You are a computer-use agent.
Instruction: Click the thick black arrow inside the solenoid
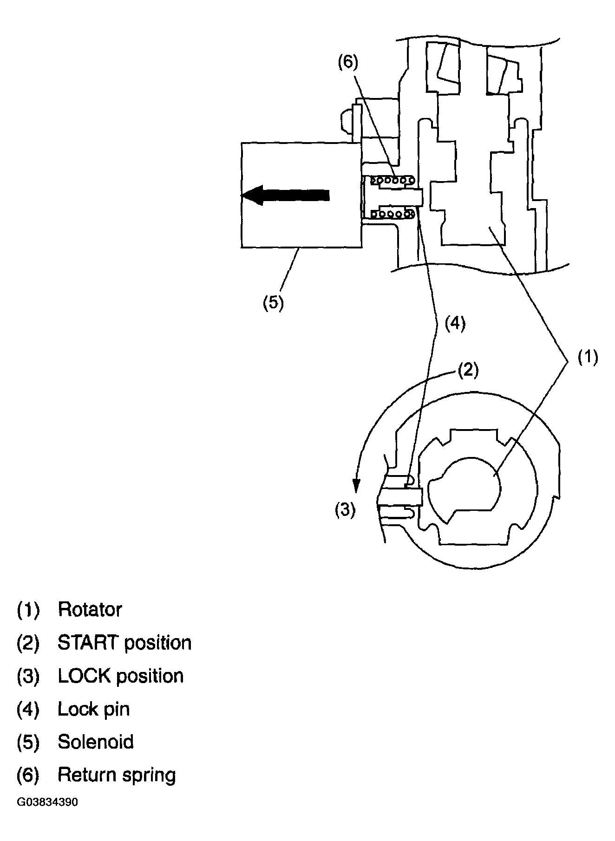285,196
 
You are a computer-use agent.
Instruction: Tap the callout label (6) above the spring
348,62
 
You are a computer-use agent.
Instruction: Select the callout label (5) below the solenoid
273,302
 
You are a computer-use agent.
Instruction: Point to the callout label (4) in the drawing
455,323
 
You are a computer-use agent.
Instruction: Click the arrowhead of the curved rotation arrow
356,486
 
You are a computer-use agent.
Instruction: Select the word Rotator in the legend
90,609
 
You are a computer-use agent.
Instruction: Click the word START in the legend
88,643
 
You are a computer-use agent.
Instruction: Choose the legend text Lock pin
93,709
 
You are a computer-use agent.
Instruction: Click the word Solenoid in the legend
95,742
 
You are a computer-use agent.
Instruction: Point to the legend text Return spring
117,775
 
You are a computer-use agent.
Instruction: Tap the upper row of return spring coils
393,179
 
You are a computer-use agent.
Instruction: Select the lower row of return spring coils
393,214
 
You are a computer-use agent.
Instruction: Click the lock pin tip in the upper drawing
416,197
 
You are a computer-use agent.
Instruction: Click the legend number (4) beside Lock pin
28,709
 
